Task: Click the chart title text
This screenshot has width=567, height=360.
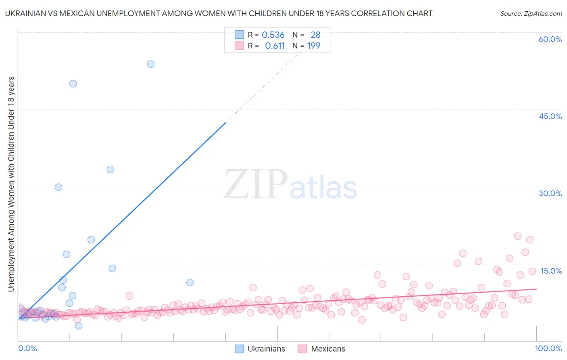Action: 219,13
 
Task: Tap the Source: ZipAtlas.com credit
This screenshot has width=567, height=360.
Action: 531,13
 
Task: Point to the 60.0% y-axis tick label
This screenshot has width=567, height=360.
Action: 550,39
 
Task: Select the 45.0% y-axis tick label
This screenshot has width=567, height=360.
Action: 550,116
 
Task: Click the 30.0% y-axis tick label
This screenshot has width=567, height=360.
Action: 550,193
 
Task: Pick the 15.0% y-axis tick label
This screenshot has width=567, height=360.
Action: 551,271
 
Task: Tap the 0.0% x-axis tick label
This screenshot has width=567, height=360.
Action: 27,348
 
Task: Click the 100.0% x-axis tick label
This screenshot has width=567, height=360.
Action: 548,348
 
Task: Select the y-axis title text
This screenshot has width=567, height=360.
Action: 11,184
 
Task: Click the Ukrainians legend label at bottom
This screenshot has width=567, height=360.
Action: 266,349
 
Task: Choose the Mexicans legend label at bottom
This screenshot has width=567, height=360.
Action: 328,349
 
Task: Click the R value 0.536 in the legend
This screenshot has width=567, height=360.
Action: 273,35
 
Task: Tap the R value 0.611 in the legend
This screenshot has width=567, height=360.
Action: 275,46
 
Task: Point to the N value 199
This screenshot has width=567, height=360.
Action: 313,46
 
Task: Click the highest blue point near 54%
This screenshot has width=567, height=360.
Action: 150,64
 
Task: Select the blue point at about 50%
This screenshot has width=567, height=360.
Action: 73,84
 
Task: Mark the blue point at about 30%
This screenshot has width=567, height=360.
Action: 58,187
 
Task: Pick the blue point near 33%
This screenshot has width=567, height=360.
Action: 110,170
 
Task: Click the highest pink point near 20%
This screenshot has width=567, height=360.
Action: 517,236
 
